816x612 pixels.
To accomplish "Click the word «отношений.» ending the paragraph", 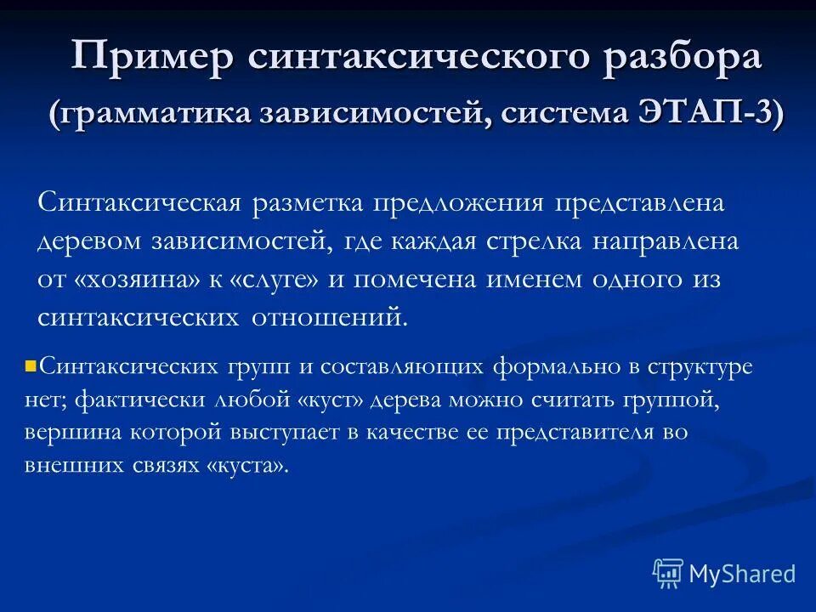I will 331,317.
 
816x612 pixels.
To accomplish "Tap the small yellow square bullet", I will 31,367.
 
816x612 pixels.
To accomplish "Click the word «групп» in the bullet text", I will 256,367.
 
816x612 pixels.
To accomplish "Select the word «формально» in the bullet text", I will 553,367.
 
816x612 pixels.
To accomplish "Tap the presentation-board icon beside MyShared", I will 668,573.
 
